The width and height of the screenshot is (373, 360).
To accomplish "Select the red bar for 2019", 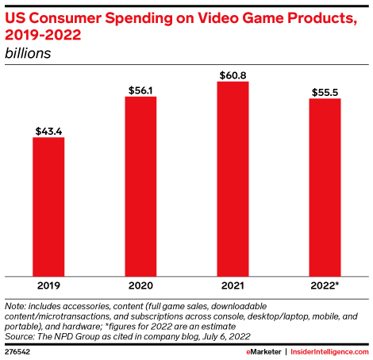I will coord(49,205).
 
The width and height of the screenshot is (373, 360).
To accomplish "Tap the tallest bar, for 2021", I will coord(233,178).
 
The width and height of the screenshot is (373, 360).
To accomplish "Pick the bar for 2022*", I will coord(325,186).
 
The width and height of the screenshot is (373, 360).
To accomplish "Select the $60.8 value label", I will coord(233,75).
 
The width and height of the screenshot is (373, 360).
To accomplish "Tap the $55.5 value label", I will coord(325,92).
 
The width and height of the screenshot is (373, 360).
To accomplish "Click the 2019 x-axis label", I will coord(49,284).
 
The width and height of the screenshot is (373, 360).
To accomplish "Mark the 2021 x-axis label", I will coord(233,284).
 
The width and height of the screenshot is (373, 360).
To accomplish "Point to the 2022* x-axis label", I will coord(325,284).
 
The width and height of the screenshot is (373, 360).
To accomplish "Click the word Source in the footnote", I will coord(19,335).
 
